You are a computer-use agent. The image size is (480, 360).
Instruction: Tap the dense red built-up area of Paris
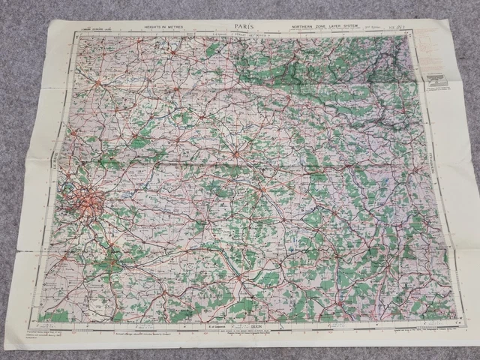85,202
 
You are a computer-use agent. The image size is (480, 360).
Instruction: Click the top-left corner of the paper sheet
49,21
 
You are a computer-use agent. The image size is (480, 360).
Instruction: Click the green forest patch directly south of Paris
96,232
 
